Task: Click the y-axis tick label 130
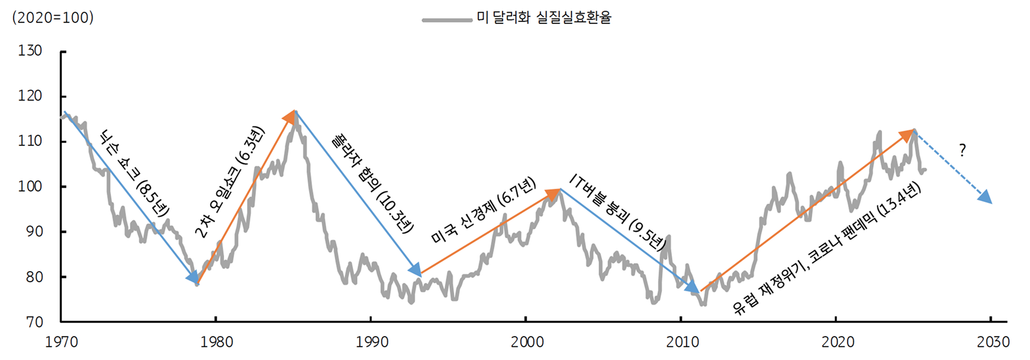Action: [30, 51]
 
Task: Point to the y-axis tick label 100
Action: [30, 186]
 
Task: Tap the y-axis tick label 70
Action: [34, 322]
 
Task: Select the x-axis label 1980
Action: [217, 342]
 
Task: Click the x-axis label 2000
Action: [527, 342]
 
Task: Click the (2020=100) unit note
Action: [53, 18]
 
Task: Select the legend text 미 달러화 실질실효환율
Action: [544, 18]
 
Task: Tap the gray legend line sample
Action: [447, 20]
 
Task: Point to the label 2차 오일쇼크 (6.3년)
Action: [230, 182]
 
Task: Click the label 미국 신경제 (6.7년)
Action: [483, 210]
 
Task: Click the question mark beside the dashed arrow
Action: [962, 150]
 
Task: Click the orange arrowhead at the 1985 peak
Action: [290, 117]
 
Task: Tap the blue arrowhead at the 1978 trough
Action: [192, 277]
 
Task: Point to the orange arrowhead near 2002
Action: [553, 194]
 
